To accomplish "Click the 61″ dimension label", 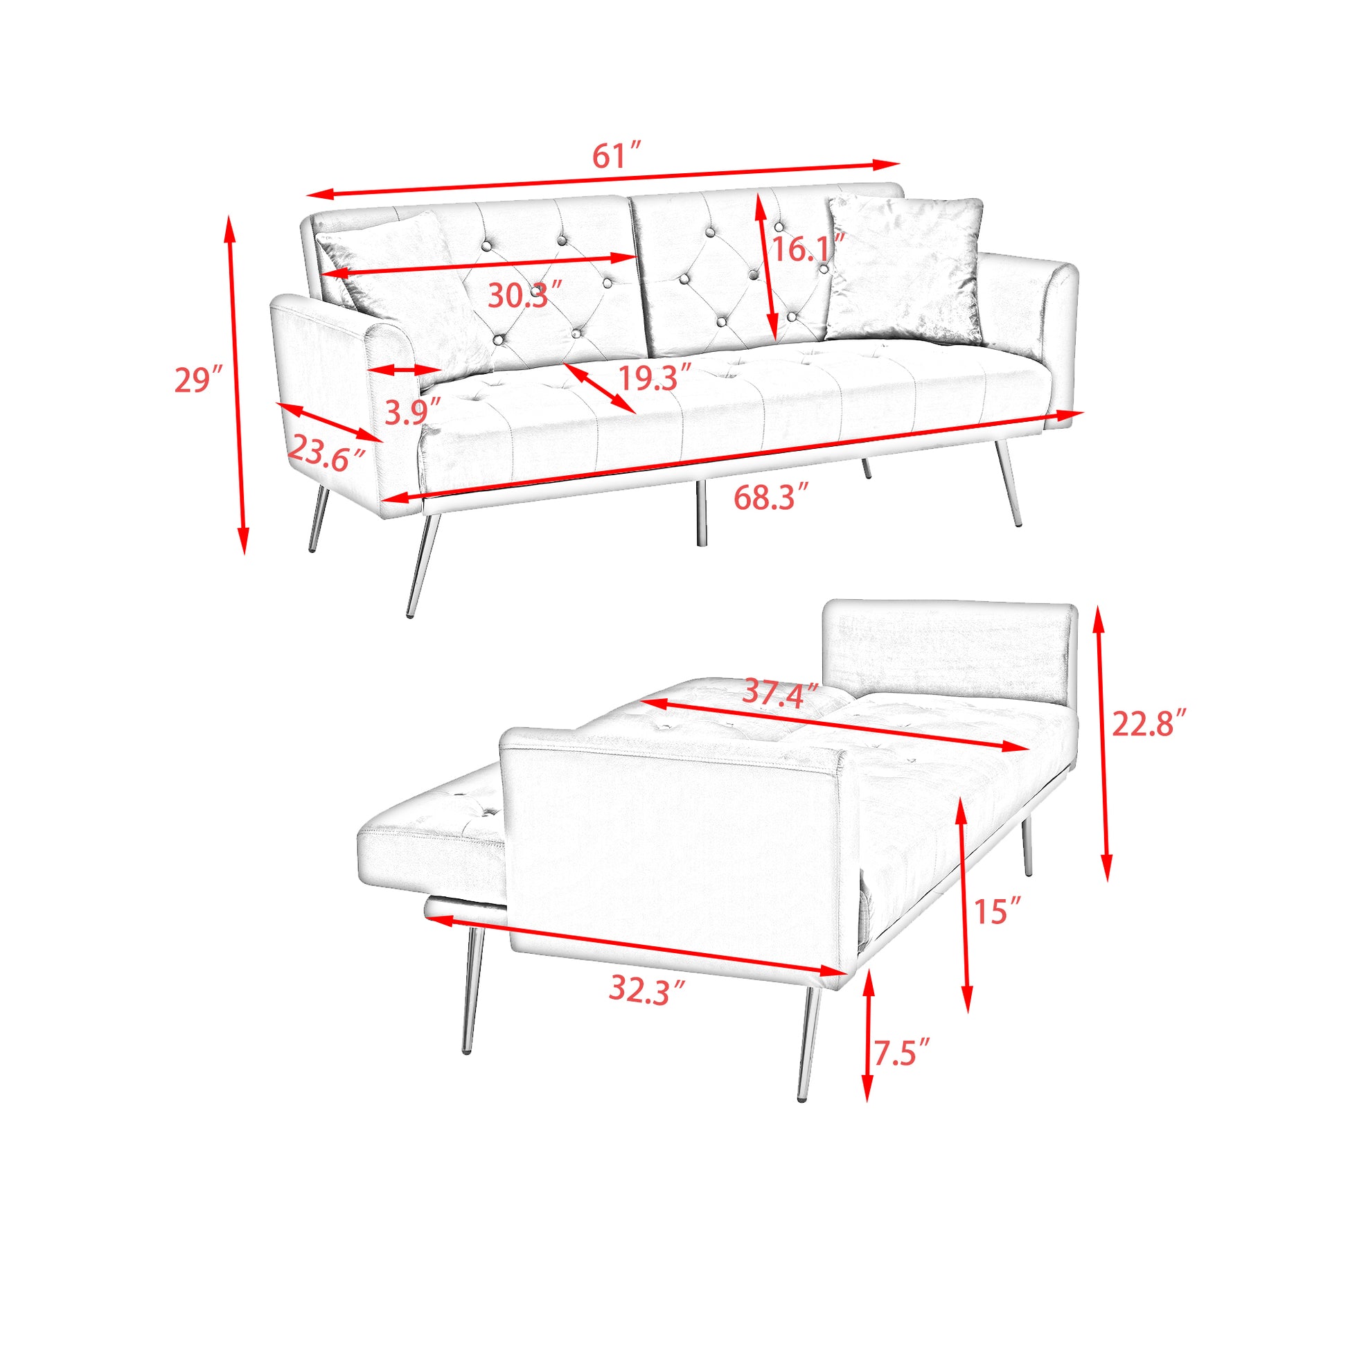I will coord(616,156).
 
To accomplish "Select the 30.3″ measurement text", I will coord(524,296).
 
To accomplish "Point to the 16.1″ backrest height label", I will coord(808,249).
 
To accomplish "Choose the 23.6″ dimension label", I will coord(326,453).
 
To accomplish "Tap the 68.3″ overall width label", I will coord(770,498).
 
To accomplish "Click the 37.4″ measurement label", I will coord(780,693).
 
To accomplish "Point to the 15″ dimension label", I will coord(997,911).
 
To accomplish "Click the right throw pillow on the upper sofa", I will coord(905,271).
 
